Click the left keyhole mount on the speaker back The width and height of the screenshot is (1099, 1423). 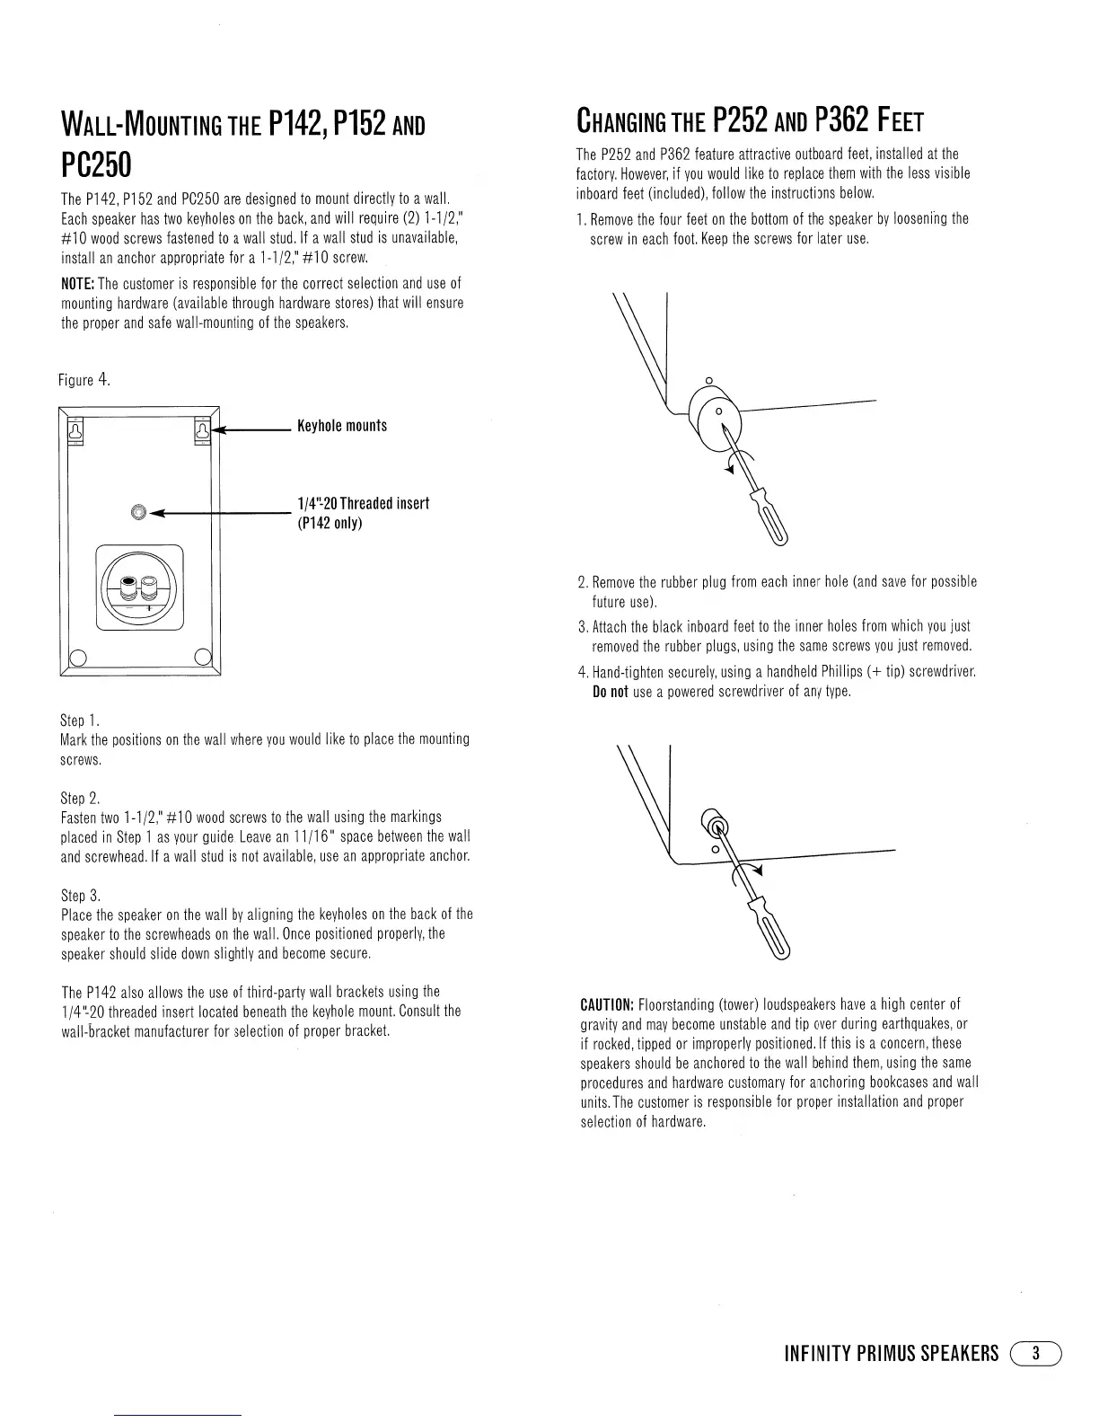coord(76,432)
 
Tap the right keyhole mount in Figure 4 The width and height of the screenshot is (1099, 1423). coord(202,432)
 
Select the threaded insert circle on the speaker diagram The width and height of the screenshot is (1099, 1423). coord(137,512)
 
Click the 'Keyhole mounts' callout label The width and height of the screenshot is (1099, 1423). coord(341,426)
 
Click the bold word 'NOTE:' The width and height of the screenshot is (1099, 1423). coord(77,285)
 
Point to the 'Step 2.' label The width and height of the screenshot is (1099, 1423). coord(80,798)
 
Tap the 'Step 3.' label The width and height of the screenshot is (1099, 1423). coord(80,896)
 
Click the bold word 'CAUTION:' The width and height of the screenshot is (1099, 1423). coord(608,1004)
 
